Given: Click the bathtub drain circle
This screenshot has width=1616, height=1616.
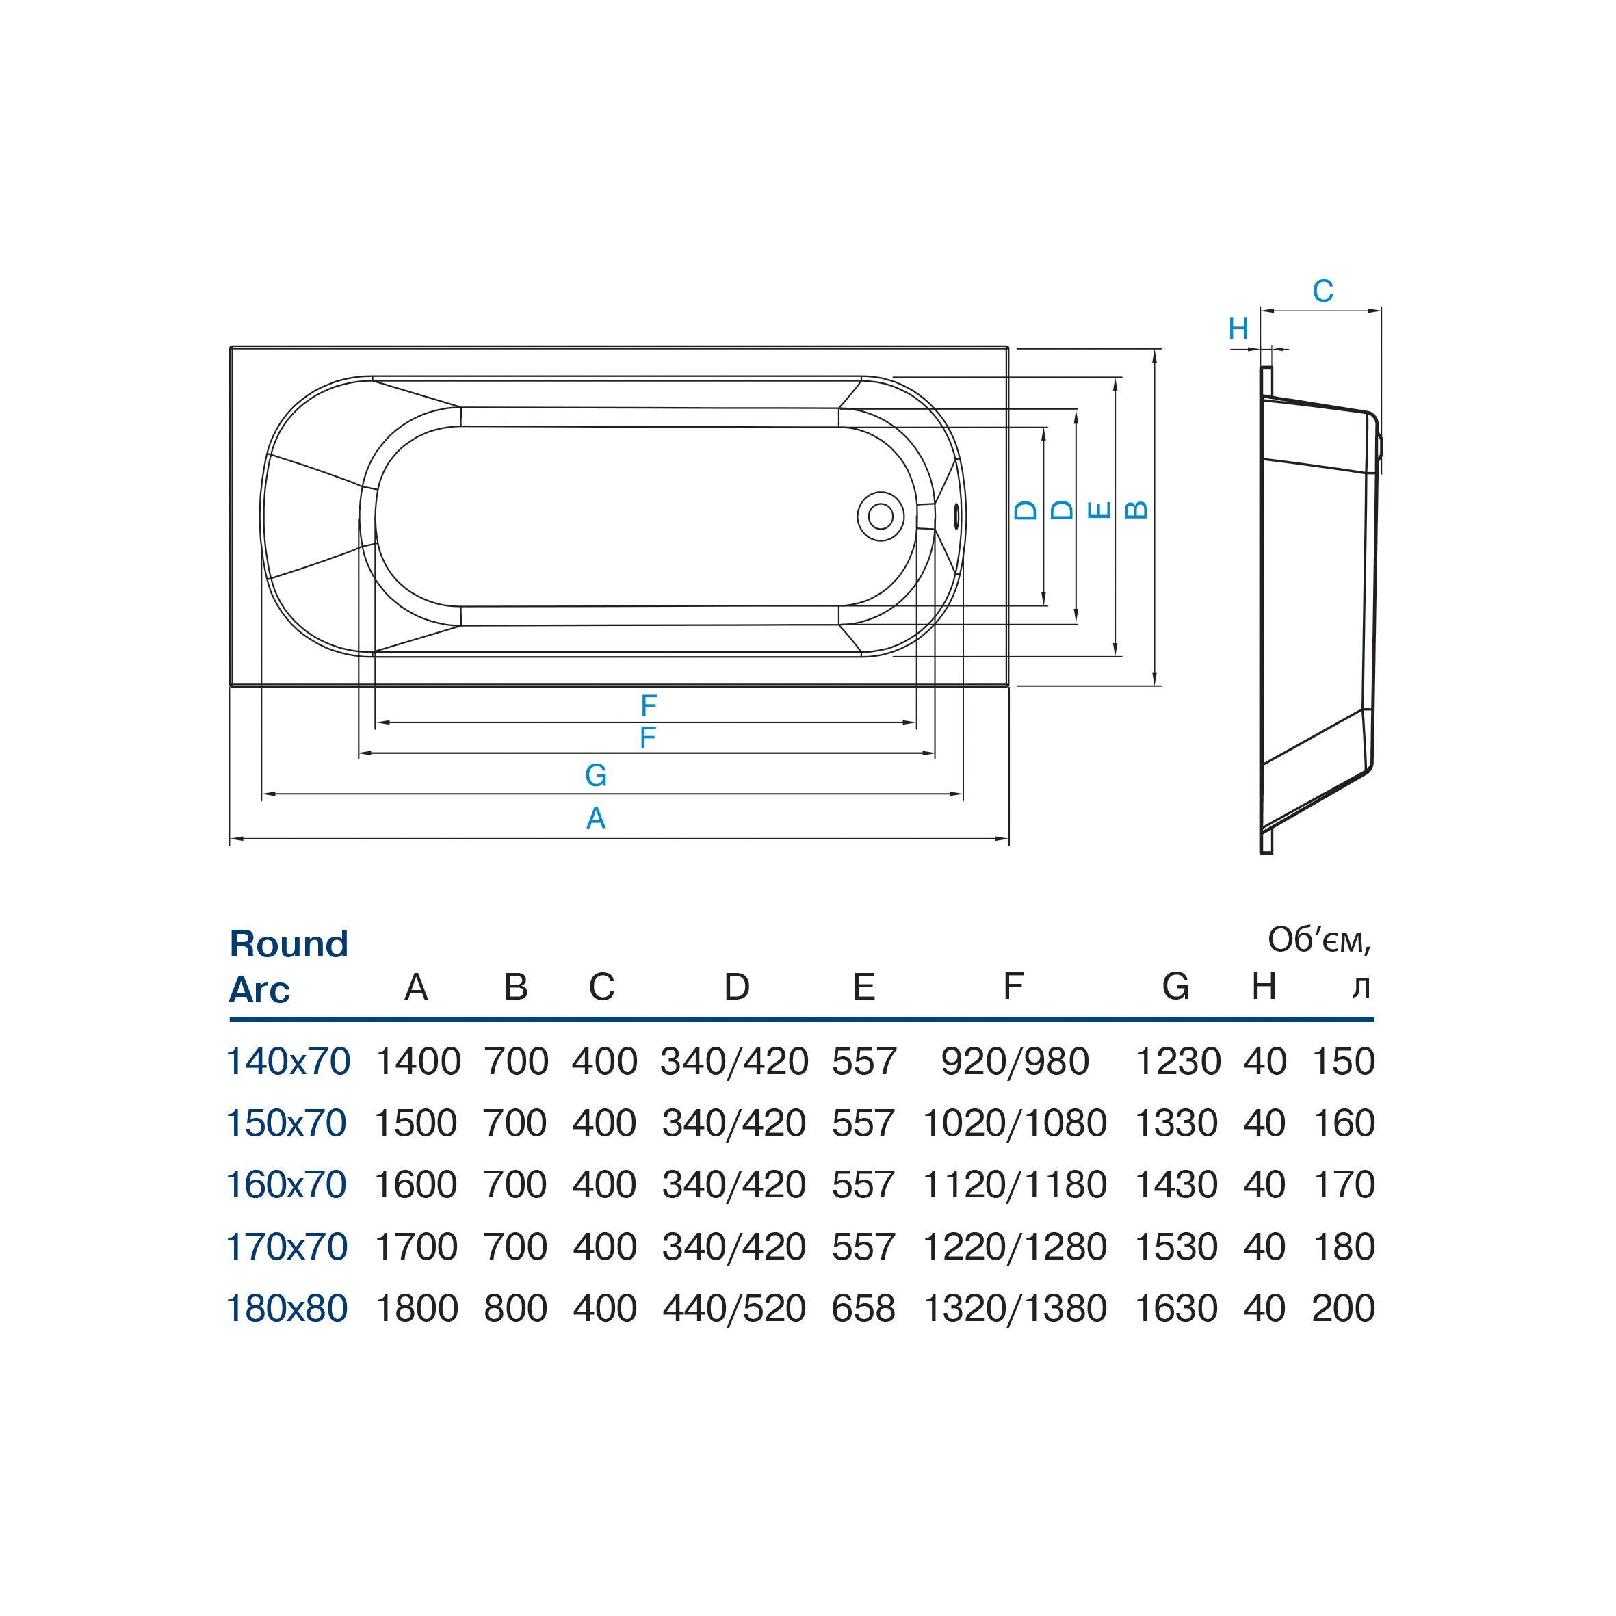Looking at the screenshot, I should tap(880, 516).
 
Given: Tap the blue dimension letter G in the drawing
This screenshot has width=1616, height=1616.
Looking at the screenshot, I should tap(595, 775).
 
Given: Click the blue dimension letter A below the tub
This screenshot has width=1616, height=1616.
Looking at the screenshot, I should tap(595, 818).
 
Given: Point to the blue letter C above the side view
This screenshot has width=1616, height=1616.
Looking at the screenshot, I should tap(1322, 291).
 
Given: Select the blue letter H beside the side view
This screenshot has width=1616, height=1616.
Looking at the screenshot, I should tap(1238, 330).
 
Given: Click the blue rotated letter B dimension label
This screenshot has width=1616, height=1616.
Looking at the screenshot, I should tap(1136, 510).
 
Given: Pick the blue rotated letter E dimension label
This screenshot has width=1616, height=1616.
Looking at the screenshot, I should tap(1099, 510).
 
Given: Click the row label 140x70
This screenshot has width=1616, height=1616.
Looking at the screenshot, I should tap(289, 1061).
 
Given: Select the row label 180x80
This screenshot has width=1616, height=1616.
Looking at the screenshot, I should tap(287, 1308).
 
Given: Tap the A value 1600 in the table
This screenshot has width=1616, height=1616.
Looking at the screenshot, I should tap(416, 1184).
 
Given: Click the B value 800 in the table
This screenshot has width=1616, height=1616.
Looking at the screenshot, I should tap(515, 1308).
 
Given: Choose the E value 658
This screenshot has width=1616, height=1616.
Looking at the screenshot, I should tap(863, 1308).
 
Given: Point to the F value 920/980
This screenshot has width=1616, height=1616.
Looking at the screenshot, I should tap(1015, 1061).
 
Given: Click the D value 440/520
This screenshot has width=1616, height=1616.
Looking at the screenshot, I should tap(734, 1308).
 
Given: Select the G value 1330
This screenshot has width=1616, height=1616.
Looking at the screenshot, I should tap(1176, 1123).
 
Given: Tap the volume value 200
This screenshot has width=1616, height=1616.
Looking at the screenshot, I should tap(1343, 1308).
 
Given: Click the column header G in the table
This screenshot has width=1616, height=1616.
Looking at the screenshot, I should tap(1175, 987).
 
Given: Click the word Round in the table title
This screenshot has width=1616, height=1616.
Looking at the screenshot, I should tap(289, 943).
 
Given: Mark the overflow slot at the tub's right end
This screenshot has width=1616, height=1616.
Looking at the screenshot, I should tap(956, 516).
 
